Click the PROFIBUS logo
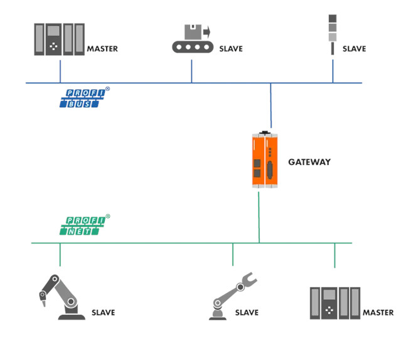[85, 97]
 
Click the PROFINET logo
[85, 225]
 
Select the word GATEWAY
[309, 162]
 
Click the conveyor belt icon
[193, 39]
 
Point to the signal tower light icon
[333, 34]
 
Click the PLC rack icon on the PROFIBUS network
[59, 40]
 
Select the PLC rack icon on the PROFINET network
[335, 303]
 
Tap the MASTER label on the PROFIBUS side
[102, 49]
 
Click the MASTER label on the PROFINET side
[378, 312]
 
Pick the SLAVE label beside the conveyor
[231, 49]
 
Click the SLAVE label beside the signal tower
[354, 49]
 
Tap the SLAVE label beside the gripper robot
[247, 312]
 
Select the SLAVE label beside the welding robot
[103, 312]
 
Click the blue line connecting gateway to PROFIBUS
[271, 105]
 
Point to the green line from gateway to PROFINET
[259, 218]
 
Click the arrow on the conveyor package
[206, 33]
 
